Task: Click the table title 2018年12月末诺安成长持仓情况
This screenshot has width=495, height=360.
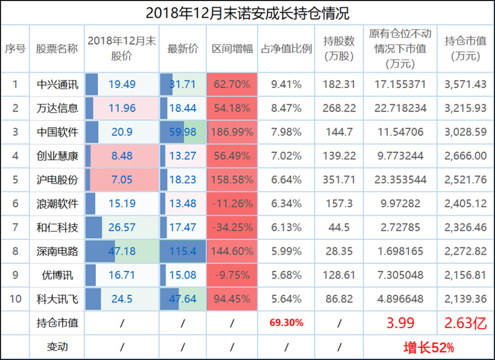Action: tap(247, 13)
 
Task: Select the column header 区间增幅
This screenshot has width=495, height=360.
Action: tap(232, 49)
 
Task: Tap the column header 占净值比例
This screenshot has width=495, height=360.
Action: tap(286, 49)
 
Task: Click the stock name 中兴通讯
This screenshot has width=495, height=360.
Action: tap(57, 84)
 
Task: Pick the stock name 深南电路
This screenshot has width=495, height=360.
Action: tap(57, 251)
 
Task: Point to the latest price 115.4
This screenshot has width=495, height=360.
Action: tap(183, 251)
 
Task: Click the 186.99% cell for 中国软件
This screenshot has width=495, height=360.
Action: tap(232, 132)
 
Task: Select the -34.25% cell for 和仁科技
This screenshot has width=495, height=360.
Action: tap(232, 227)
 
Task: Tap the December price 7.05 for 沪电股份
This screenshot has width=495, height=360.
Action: tap(122, 180)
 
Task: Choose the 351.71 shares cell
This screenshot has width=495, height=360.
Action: tap(339, 180)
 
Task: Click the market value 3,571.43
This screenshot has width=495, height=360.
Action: tap(465, 84)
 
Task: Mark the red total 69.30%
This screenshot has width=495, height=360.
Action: tap(286, 323)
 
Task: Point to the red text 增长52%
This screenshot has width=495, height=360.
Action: tap(429, 347)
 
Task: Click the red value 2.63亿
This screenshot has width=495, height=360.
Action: tap(465, 323)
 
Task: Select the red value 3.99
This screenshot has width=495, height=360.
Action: tap(400, 323)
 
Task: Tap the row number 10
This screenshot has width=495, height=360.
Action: tap(15, 299)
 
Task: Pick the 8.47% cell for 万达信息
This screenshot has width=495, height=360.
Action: tap(286, 108)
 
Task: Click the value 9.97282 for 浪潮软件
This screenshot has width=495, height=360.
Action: tap(400, 204)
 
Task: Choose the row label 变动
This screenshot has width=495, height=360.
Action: tap(57, 347)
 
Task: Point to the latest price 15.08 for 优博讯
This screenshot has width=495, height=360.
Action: tap(183, 275)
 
